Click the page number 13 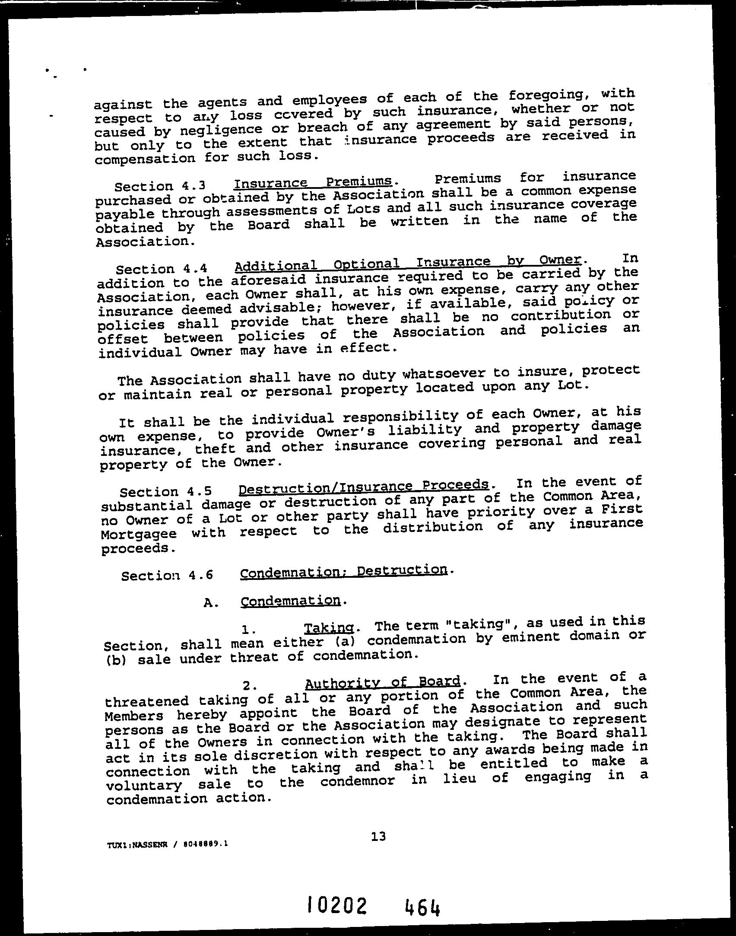(x=378, y=837)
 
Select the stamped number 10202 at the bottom (x=337, y=905)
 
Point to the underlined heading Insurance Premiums (x=313, y=182)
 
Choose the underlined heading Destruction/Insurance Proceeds (x=364, y=487)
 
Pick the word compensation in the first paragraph (x=145, y=159)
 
